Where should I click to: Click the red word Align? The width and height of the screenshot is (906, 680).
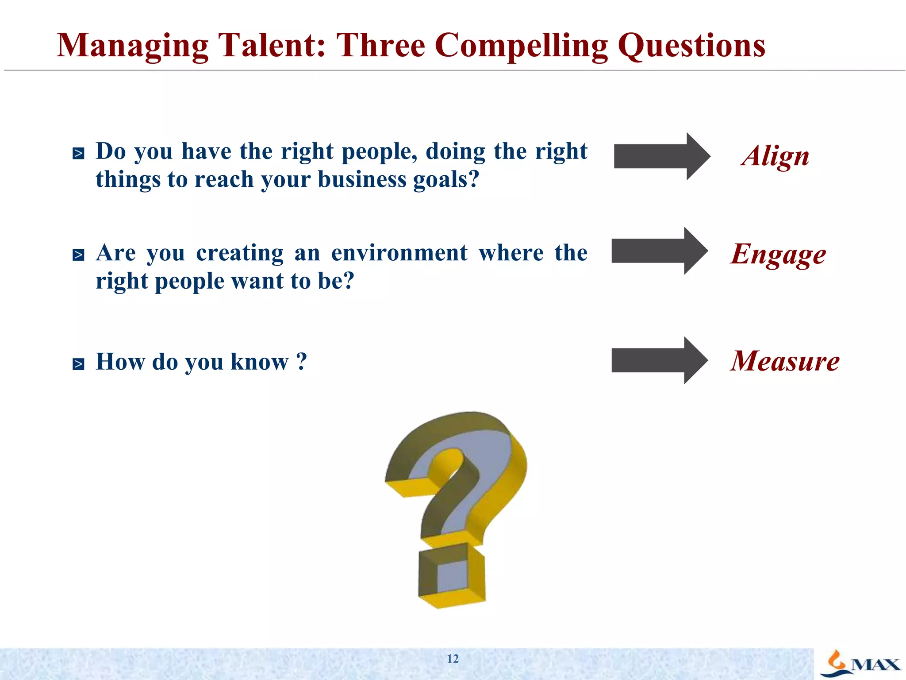pyautogui.click(x=775, y=156)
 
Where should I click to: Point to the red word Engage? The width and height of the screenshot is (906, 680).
pyautogui.click(x=778, y=255)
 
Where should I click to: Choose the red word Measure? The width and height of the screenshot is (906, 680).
pyautogui.click(x=785, y=361)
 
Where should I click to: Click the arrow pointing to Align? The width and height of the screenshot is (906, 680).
pyautogui.click(x=661, y=156)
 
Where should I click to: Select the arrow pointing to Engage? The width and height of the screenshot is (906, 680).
pyautogui.click(x=659, y=251)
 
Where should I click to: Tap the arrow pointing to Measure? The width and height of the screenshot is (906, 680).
pyautogui.click(x=659, y=360)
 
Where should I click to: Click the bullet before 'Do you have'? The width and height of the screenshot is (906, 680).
pyautogui.click(x=78, y=154)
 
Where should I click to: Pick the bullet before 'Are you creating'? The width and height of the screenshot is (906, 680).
pyautogui.click(x=78, y=255)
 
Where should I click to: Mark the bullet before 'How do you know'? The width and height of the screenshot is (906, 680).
pyautogui.click(x=78, y=364)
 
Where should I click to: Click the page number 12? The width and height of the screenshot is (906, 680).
pyautogui.click(x=453, y=659)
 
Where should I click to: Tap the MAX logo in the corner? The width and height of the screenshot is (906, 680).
pyautogui.click(x=860, y=664)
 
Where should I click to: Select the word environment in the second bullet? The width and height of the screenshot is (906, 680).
pyautogui.click(x=399, y=253)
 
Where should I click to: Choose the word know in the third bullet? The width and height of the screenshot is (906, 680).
pyautogui.click(x=259, y=362)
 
